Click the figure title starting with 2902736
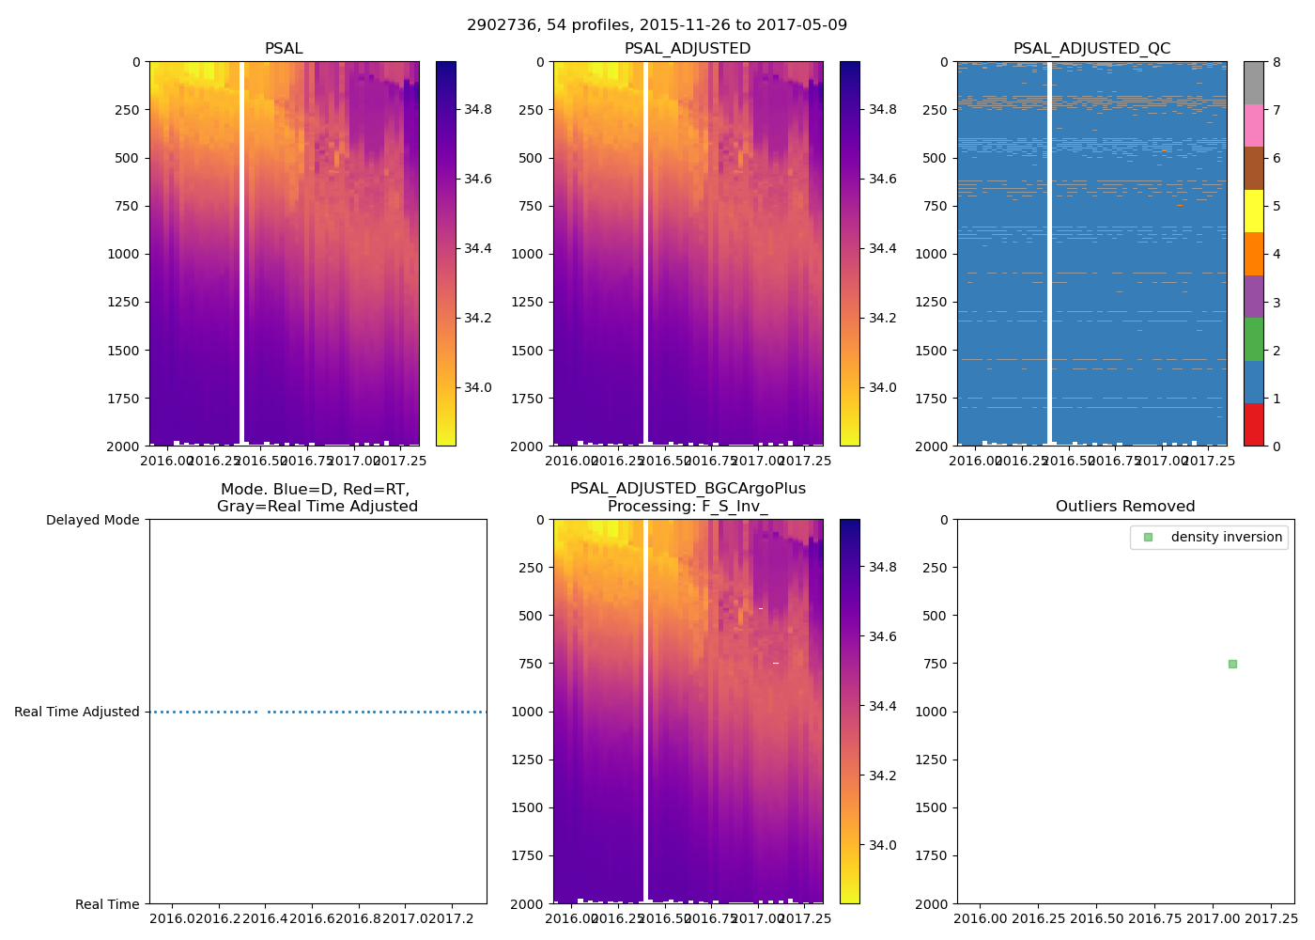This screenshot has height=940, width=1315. [x=657, y=25]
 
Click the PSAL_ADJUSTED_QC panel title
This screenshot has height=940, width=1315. [x=1091, y=49]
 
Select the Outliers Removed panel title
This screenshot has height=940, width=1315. [x=1125, y=507]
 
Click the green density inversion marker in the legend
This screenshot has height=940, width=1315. [x=1148, y=538]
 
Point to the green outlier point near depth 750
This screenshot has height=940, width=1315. [x=1232, y=664]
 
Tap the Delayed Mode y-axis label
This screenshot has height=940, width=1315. [x=92, y=520]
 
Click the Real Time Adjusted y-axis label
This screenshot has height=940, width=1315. [x=77, y=712]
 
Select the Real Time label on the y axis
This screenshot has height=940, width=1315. [x=107, y=904]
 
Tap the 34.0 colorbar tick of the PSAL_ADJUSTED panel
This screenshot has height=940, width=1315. [x=881, y=387]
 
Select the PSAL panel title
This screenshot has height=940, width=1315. [x=284, y=49]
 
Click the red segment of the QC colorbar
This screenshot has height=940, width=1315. [x=1253, y=424]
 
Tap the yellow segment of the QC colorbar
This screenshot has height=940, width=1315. [x=1253, y=211]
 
